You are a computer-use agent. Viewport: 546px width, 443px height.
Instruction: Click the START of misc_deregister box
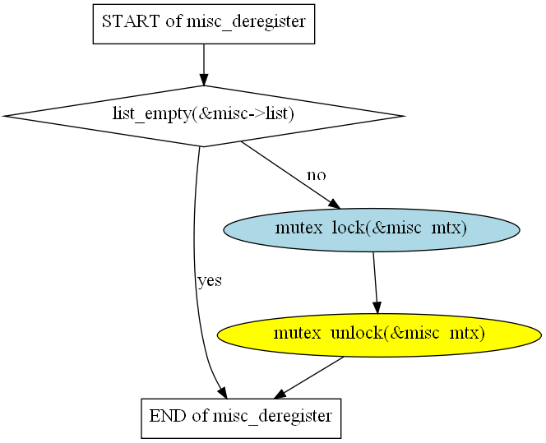point(204,24)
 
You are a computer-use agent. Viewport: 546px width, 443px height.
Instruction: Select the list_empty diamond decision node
point(204,116)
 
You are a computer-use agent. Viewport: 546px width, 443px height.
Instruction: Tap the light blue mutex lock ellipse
point(372,229)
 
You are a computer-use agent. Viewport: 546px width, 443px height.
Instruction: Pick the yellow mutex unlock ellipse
point(379,335)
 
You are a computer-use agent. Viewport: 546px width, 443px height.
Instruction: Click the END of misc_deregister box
point(241,418)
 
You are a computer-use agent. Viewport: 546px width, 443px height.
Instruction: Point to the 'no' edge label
point(317,175)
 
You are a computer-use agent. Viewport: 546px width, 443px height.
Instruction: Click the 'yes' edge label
point(210,280)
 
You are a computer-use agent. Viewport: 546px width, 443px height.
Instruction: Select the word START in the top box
point(130,21)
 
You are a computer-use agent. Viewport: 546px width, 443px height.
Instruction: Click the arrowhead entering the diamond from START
point(204,80)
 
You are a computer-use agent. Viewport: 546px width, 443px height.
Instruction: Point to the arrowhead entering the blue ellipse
point(335,204)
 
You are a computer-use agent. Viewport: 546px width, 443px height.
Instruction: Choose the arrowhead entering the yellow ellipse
point(377,307)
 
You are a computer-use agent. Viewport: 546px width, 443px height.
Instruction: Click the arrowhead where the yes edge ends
point(223,393)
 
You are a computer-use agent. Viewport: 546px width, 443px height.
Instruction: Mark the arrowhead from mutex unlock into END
point(280,395)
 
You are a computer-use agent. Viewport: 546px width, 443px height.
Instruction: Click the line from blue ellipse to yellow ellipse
point(375,277)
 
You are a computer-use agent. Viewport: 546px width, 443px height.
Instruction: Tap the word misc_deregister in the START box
point(247,21)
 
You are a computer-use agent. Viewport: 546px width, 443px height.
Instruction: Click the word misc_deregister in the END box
point(273,416)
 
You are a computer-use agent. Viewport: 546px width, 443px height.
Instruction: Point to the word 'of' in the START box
point(174,21)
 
